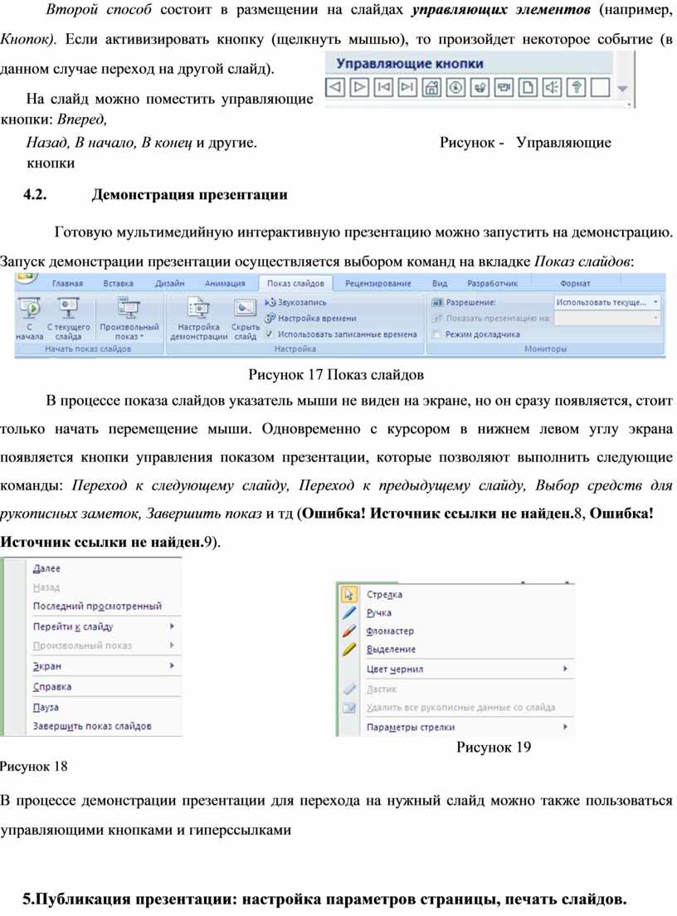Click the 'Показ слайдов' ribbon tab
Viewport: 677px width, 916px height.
(295, 284)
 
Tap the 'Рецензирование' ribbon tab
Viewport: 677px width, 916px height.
(377, 284)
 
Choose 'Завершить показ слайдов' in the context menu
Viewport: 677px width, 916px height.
(91, 726)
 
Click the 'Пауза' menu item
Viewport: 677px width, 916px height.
(46, 707)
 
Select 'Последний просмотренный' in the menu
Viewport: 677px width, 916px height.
(96, 606)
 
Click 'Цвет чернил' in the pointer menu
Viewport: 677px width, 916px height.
(394, 669)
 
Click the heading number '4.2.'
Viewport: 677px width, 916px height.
(37, 195)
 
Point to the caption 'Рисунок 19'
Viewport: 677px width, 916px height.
(494, 748)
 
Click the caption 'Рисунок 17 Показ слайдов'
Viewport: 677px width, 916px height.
(337, 373)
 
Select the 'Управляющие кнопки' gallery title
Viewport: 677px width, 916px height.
(409, 64)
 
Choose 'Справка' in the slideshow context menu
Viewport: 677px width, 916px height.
(52, 687)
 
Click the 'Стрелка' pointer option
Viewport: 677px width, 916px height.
(384, 595)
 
